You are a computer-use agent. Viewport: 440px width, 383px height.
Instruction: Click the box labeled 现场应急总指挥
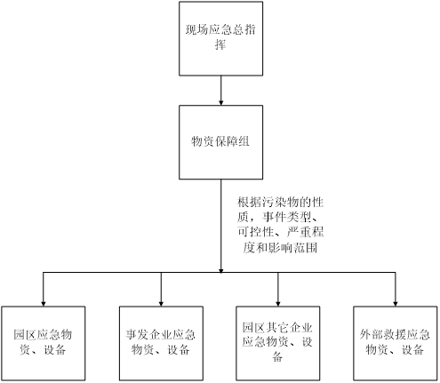tap(220, 38)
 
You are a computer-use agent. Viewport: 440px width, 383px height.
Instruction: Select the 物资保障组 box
tap(220, 142)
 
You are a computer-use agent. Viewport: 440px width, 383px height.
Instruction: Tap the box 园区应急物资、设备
tap(44, 343)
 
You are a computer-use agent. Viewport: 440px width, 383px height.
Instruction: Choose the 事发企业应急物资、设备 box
tap(161, 343)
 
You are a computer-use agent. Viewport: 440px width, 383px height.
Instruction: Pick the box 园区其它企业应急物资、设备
tap(277, 343)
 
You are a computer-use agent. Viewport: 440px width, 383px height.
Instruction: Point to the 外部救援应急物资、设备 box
tap(395, 343)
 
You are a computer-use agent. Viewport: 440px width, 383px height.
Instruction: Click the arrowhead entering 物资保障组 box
tap(220, 102)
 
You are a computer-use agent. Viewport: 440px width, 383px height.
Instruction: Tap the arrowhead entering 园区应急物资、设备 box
tap(44, 304)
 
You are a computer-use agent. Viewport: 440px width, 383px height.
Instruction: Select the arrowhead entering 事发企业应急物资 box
tap(161, 304)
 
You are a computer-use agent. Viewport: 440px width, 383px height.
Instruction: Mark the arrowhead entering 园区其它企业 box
tap(277, 304)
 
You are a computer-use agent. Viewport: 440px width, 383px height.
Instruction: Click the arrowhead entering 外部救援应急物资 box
tap(395, 304)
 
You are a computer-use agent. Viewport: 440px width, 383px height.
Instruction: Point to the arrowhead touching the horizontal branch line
tap(220, 270)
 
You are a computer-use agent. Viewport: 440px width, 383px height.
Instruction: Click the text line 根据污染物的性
tap(280, 203)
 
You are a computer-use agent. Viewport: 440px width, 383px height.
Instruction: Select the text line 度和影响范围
tap(280, 248)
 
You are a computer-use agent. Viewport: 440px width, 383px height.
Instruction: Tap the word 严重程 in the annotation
tap(305, 232)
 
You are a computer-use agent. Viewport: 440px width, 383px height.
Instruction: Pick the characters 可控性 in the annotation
tap(255, 232)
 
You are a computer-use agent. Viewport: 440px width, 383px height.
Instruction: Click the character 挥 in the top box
tap(220, 45)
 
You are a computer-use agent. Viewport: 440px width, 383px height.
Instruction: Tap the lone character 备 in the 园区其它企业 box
tap(277, 356)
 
